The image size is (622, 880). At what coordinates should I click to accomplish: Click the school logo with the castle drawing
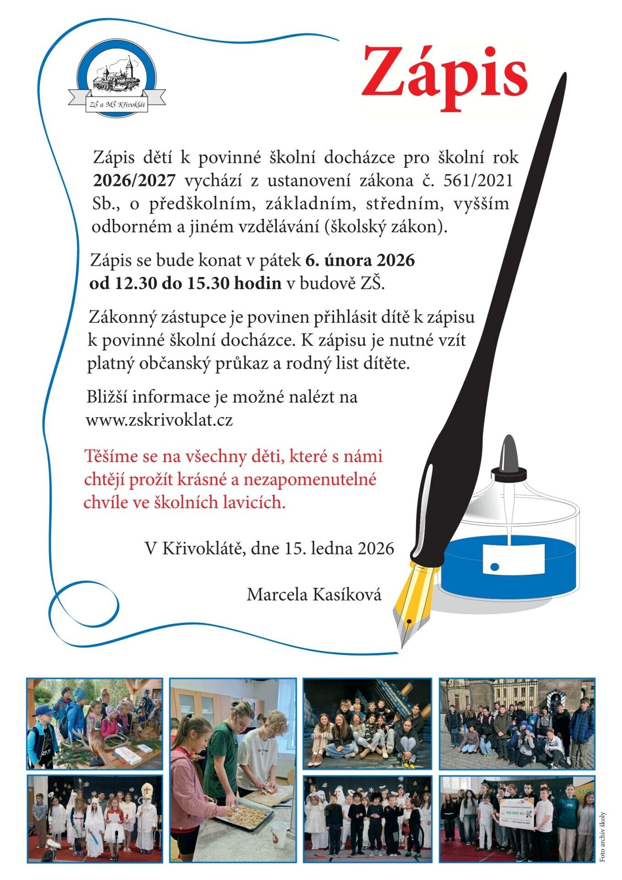pyautogui.click(x=116, y=78)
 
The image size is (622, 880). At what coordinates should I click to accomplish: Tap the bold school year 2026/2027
pyautogui.click(x=134, y=181)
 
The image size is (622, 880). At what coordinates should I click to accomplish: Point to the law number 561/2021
pyautogui.click(x=478, y=181)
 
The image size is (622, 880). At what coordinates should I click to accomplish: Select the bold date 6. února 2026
pyautogui.click(x=360, y=260)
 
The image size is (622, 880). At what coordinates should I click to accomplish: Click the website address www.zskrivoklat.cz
pyautogui.click(x=159, y=420)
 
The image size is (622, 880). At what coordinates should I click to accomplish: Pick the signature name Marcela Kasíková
pyautogui.click(x=314, y=594)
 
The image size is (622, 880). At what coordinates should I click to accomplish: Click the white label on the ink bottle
pyautogui.click(x=513, y=559)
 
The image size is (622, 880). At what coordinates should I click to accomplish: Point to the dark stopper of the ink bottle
pyautogui.click(x=508, y=458)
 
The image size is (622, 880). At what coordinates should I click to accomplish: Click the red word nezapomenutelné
pyautogui.click(x=310, y=479)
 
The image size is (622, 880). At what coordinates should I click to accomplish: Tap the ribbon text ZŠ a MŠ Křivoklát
pyautogui.click(x=117, y=105)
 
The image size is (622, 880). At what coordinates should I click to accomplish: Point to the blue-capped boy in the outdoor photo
pyautogui.click(x=44, y=713)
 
